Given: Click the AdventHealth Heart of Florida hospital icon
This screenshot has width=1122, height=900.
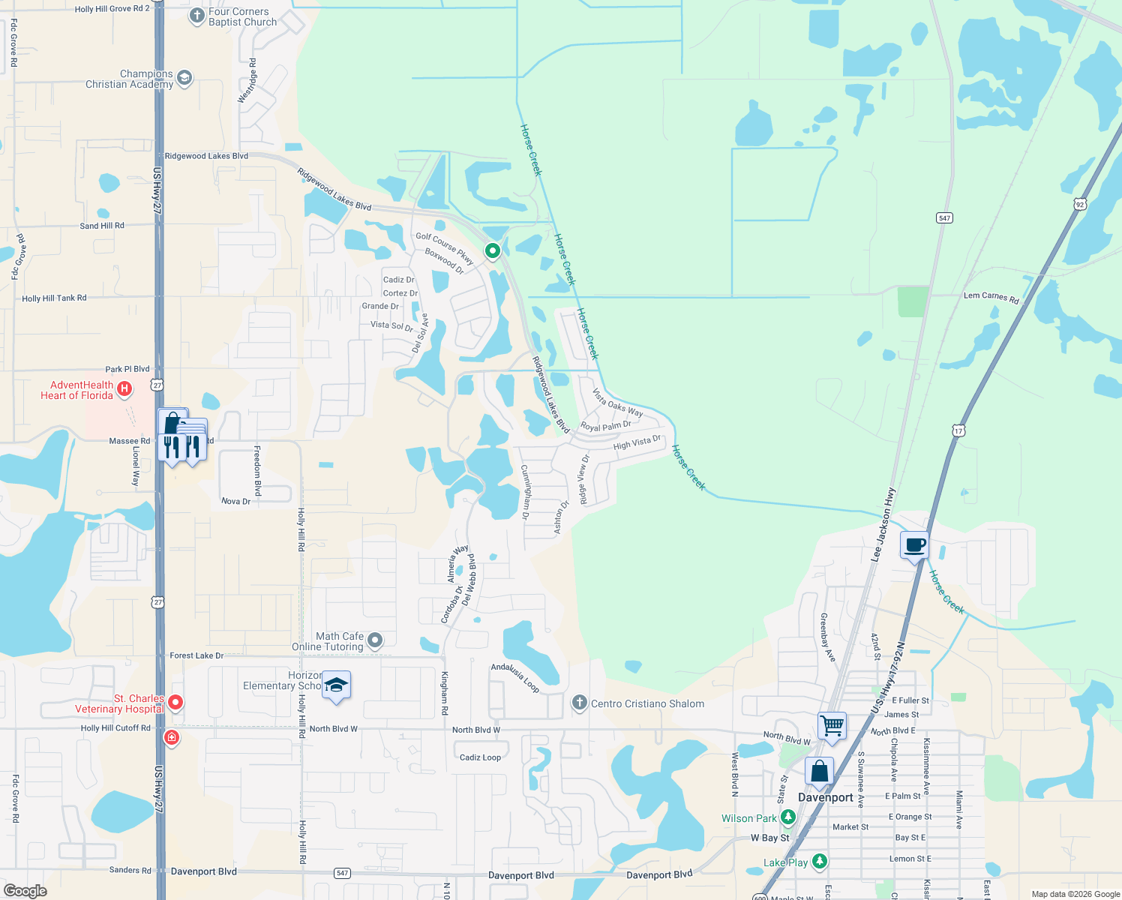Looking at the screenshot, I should click(x=125, y=389).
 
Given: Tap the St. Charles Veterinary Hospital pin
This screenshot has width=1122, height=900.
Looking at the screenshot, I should click(x=175, y=703).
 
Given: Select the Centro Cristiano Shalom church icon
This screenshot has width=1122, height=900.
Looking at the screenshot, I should click(x=579, y=703).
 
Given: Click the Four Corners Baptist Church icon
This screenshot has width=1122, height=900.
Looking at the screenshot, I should click(x=197, y=16).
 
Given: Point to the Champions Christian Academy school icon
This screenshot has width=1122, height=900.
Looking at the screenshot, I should click(x=184, y=78).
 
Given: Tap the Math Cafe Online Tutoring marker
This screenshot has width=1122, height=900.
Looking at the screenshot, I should click(x=376, y=640).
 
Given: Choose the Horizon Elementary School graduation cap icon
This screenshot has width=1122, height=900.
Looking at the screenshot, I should click(x=337, y=685).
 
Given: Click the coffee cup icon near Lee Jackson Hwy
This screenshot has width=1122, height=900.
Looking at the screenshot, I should click(x=914, y=544).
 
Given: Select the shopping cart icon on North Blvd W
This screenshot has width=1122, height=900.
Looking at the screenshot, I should click(x=832, y=725).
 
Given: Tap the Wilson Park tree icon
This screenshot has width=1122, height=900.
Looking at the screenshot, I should click(x=787, y=817).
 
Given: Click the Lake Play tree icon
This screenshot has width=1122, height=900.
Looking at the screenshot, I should click(x=820, y=861).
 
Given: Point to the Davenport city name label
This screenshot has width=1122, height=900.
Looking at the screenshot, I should click(x=825, y=797).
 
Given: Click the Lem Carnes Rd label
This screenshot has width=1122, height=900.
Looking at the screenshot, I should click(x=991, y=297).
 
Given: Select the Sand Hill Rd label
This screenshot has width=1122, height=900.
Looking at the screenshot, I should click(x=102, y=226).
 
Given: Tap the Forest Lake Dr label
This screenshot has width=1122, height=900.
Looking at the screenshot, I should click(x=196, y=655).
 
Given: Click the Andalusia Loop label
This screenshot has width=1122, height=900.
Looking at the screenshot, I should click(x=515, y=677).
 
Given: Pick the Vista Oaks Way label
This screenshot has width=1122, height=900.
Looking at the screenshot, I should click(x=618, y=403).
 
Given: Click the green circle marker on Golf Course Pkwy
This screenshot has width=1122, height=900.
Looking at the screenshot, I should click(x=493, y=250).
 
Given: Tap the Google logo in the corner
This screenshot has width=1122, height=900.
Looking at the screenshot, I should click(x=25, y=891).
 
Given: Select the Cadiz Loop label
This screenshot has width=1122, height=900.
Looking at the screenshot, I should click(x=480, y=757).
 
